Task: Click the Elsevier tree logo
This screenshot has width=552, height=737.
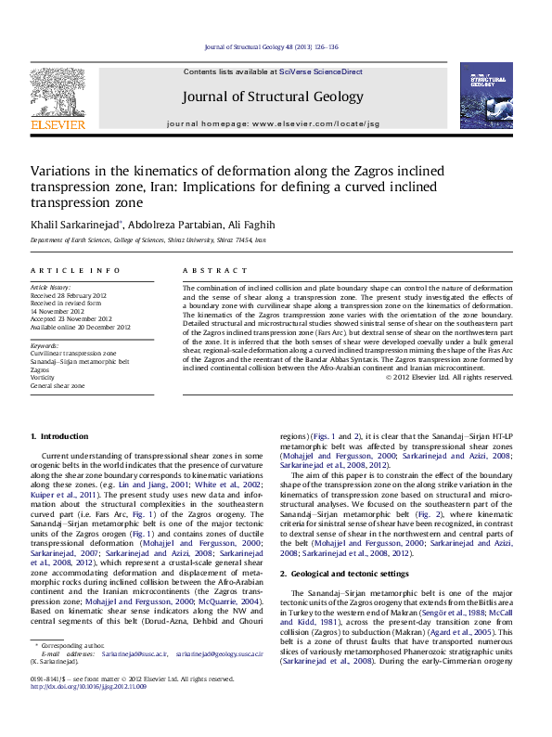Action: (58, 93)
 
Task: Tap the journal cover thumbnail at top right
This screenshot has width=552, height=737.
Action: (486, 96)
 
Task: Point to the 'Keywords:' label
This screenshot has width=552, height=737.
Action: (45, 345)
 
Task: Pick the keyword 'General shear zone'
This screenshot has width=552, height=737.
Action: (58, 384)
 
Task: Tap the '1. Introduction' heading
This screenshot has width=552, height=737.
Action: (59, 436)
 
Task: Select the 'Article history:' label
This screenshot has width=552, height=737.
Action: (52, 288)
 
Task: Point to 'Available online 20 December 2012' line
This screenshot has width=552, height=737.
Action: (81, 327)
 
